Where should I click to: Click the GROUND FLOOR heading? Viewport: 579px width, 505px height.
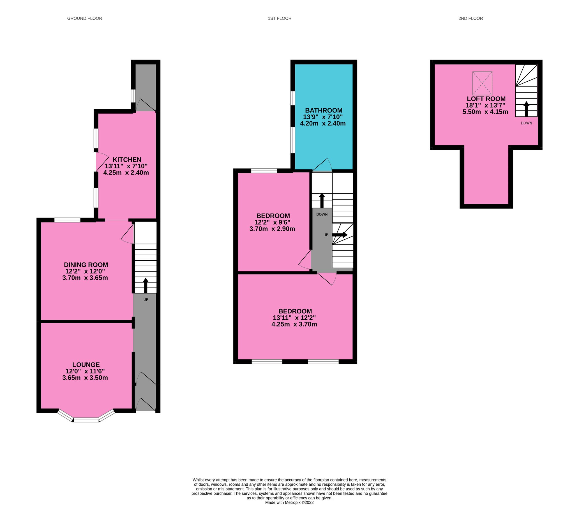[x=84, y=19]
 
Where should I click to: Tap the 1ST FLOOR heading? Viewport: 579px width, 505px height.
[x=279, y=19]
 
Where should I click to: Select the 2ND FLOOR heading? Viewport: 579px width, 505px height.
[x=470, y=19]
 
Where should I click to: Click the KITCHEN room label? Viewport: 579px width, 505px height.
[x=127, y=160]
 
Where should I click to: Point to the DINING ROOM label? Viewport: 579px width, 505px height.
[x=86, y=265]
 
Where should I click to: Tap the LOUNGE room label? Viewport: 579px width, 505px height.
[x=86, y=365]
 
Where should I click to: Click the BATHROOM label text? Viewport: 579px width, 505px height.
[x=324, y=111]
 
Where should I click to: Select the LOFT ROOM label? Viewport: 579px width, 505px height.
[x=486, y=99]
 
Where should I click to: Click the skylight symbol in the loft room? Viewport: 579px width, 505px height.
[x=482, y=83]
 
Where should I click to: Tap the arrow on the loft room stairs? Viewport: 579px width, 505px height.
[x=526, y=109]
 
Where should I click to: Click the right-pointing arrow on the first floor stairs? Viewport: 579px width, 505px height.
[x=340, y=235]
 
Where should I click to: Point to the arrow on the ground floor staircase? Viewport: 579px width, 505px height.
[x=146, y=286]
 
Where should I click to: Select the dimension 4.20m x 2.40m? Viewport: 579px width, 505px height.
[x=323, y=123]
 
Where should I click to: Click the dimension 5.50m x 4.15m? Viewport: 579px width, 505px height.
[x=485, y=112]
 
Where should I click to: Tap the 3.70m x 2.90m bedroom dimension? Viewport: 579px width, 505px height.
[x=272, y=229]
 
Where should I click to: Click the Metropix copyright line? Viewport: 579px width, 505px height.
[x=289, y=502]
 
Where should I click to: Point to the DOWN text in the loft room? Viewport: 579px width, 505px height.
[x=526, y=123]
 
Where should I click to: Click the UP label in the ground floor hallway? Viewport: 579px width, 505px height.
[x=146, y=300]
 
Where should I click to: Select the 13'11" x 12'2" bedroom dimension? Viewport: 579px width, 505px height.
[x=294, y=318]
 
